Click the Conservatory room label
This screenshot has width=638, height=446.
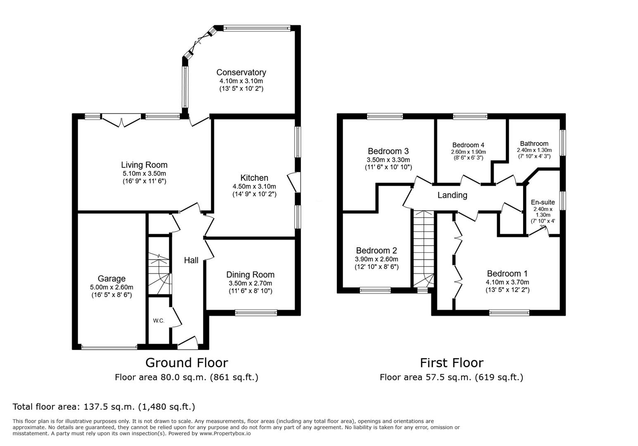tap(241, 72)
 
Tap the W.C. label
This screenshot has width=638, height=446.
tap(159, 321)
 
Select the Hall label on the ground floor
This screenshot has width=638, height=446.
tap(191, 260)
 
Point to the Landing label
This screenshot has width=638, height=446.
tap(452, 195)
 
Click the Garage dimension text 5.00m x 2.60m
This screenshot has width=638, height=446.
tap(112, 287)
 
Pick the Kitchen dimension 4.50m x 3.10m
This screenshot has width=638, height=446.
tap(255, 187)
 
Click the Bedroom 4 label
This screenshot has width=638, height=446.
tap(468, 145)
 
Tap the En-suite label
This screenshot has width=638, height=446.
tap(543, 202)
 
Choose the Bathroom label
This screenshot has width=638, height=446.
tap(534, 143)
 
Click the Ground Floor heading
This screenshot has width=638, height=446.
tap(186, 363)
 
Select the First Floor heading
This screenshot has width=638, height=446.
tap(452, 363)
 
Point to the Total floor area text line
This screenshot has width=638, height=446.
tap(104, 407)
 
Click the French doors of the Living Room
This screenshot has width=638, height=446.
tap(121, 119)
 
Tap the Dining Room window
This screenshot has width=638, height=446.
tap(256, 313)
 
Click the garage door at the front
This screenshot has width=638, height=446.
tap(110, 347)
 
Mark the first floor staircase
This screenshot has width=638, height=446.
tap(424, 249)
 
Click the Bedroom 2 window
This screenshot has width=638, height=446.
tap(375, 290)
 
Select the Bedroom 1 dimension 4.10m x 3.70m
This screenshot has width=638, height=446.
tap(507, 282)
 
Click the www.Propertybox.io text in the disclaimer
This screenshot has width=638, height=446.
tap(225, 434)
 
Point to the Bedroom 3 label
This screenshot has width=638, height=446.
tap(388, 151)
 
